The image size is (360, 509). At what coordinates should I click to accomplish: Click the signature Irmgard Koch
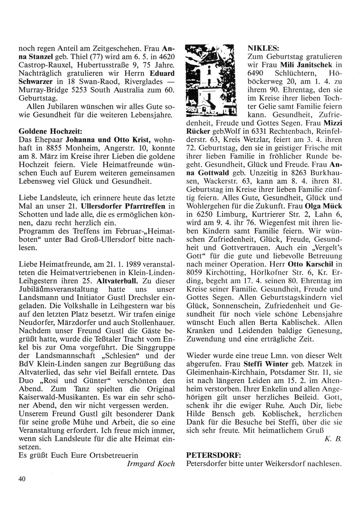click(151, 464)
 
